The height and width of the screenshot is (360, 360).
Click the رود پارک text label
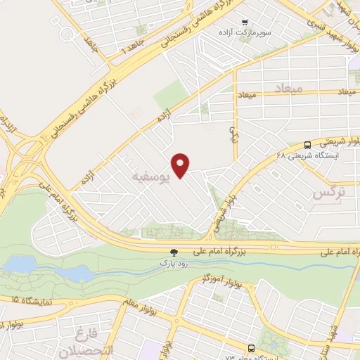pos(172,263)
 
